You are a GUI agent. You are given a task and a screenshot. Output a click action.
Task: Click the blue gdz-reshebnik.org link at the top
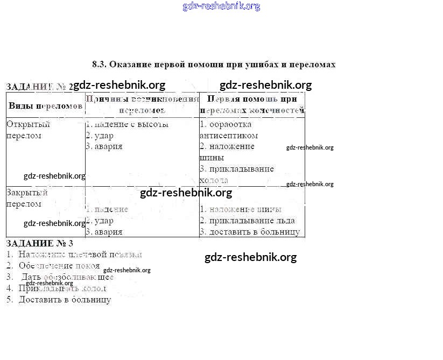(221, 6)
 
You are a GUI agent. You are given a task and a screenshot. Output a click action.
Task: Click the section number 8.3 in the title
(99, 65)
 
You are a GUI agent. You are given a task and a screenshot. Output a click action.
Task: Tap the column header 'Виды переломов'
(46, 105)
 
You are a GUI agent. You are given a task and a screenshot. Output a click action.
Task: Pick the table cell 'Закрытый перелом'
(27, 198)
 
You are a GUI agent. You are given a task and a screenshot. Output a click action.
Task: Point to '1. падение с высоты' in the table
(128, 124)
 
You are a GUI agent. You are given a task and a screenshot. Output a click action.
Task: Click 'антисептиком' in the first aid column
(229, 136)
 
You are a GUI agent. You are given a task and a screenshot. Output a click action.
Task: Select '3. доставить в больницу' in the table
(250, 232)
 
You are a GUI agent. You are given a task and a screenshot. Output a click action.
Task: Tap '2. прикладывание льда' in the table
(247, 221)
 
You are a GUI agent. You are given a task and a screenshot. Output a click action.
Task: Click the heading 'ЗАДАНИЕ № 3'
(39, 243)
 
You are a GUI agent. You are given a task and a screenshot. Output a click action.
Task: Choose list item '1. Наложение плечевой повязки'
(74, 255)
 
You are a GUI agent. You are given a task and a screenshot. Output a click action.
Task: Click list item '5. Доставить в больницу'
(59, 300)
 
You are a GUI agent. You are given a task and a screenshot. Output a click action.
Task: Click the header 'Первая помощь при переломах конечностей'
(252, 105)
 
